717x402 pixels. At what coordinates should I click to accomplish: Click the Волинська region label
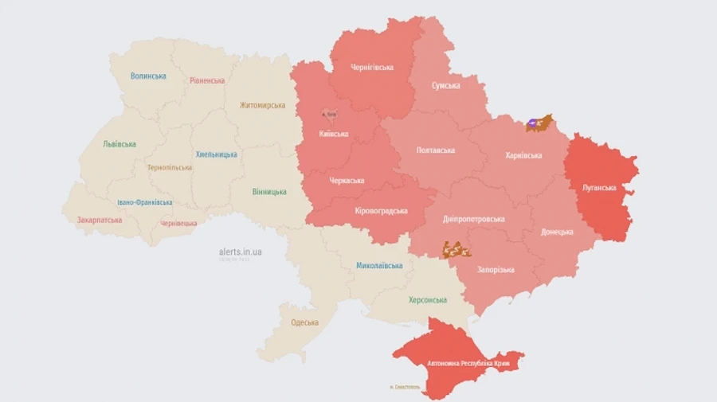click(148, 76)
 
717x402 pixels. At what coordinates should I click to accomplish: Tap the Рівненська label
click(207, 80)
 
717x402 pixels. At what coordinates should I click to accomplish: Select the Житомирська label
click(262, 105)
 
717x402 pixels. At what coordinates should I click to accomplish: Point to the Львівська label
click(119, 144)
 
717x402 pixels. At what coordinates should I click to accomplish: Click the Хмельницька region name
click(216, 154)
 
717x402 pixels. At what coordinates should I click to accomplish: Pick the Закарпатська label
click(100, 220)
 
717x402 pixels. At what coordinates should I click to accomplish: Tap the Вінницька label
click(269, 192)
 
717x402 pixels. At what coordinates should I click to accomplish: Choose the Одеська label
click(304, 322)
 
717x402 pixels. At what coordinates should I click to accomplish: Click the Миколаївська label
click(379, 265)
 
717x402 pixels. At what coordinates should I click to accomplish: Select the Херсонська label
click(428, 300)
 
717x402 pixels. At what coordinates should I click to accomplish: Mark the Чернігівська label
click(372, 67)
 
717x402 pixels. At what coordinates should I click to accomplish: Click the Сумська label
click(445, 85)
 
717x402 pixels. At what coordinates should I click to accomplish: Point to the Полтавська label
click(436, 150)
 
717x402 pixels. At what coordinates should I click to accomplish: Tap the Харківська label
click(523, 155)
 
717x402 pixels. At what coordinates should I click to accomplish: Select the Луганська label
click(598, 188)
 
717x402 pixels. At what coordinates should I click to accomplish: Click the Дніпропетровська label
click(474, 219)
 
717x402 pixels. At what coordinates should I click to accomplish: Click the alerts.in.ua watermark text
click(241, 252)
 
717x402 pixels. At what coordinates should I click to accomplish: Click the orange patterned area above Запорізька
click(456, 250)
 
